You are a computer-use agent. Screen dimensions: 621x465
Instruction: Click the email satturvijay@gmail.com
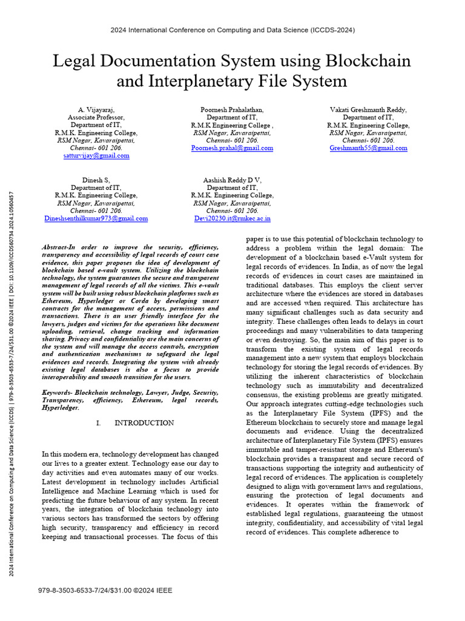click(x=96, y=156)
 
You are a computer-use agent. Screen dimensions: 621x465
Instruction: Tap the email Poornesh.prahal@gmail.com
click(x=232, y=148)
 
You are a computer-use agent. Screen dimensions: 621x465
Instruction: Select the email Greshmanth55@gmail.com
click(x=368, y=148)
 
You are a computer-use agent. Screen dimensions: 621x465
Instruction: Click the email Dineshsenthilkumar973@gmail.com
click(x=96, y=218)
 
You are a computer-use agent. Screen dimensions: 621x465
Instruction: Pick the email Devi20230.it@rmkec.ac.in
click(x=232, y=218)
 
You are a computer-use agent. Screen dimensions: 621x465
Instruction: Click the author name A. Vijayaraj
click(x=96, y=110)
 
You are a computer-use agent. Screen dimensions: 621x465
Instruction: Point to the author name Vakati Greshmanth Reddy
click(x=368, y=110)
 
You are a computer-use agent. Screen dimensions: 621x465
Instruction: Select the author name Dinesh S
click(x=96, y=180)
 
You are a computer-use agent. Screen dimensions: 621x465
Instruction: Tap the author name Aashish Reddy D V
click(x=232, y=180)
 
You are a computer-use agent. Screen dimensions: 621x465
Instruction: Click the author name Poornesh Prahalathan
click(x=232, y=110)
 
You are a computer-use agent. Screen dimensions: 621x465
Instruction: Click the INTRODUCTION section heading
click(x=144, y=423)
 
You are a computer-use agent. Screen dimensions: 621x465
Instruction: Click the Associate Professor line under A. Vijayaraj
click(x=96, y=118)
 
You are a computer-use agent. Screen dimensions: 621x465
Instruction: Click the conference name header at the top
click(x=232, y=30)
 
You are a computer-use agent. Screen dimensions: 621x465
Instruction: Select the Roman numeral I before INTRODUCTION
click(x=98, y=423)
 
